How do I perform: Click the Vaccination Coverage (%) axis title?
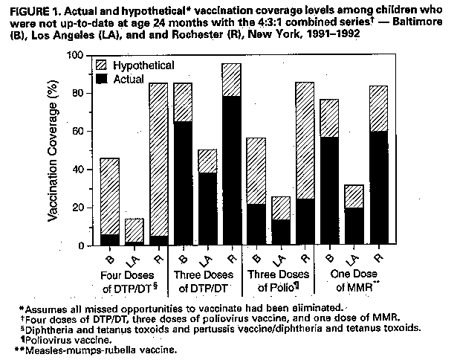pos(54,151)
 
